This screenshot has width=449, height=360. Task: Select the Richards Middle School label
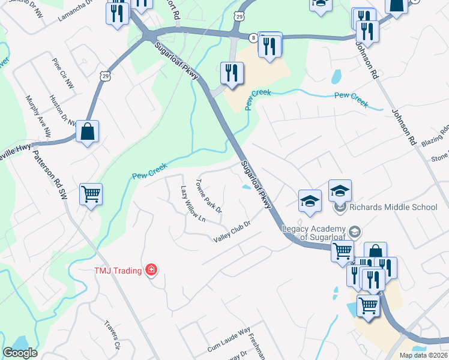tap(393, 208)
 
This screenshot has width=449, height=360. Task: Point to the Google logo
tap(20, 353)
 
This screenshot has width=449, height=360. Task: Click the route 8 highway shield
tap(253, 38)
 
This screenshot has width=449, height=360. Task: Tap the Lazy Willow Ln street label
tap(193, 204)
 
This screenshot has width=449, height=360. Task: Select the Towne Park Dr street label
tap(209, 196)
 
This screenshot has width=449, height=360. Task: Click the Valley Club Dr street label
tap(231, 232)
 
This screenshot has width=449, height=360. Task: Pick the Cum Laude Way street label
tap(229, 340)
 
